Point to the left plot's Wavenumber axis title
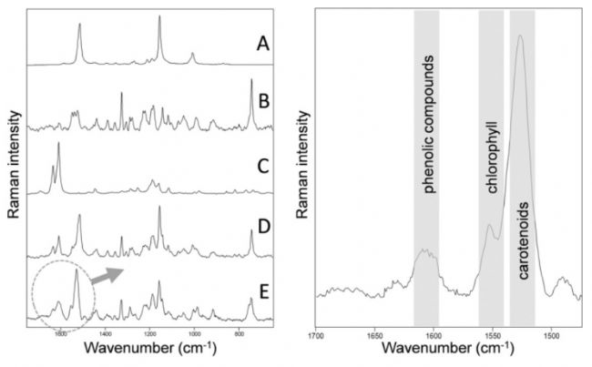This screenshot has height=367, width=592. pyautogui.click(x=148, y=350)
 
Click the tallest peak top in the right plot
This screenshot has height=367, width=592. pyautogui.click(x=519, y=36)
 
